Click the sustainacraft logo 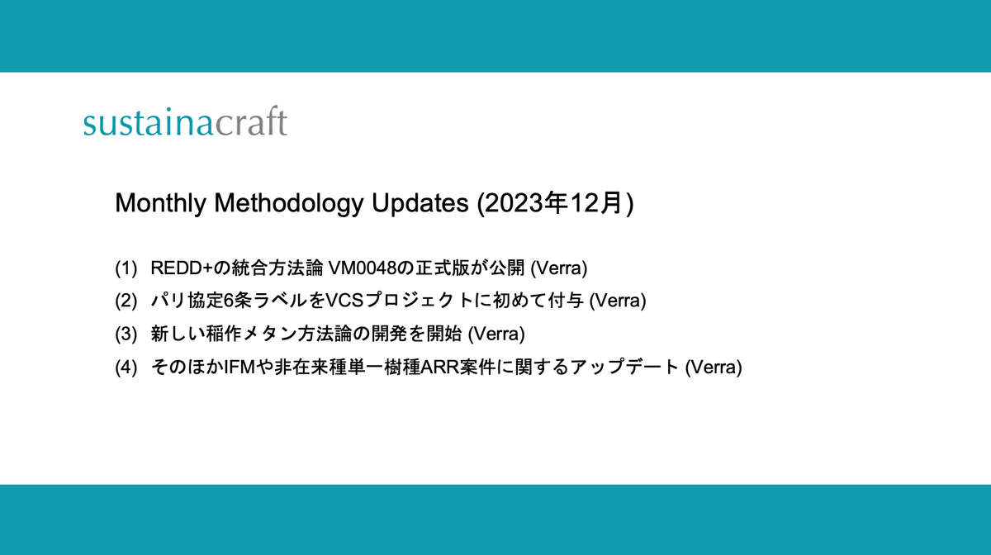(185, 123)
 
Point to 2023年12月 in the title (553, 204)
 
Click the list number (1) (127, 268)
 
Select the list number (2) (127, 301)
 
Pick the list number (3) (127, 334)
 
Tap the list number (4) (127, 368)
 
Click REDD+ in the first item (175, 268)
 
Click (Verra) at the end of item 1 (557, 268)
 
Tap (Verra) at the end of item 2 (617, 301)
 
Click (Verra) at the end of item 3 (496, 334)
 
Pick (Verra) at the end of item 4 (714, 368)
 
